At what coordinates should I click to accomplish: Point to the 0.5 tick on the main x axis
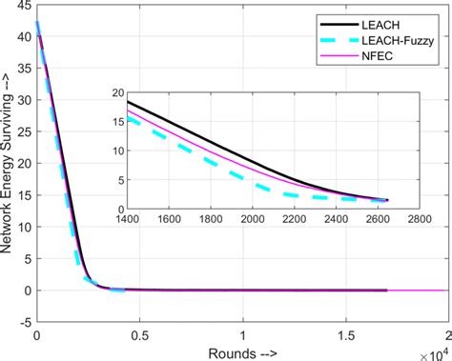139,334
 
